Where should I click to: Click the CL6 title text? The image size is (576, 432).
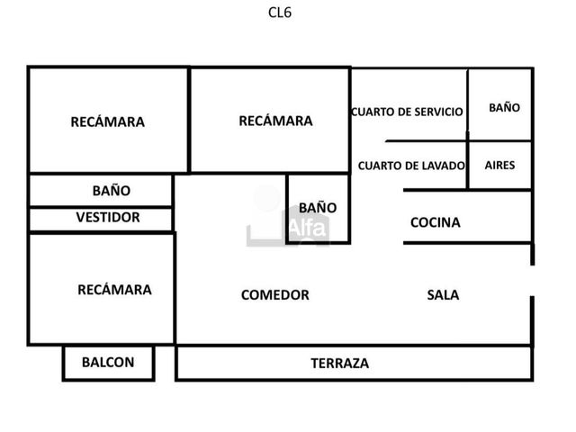(280, 13)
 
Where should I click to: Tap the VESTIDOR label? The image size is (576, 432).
(108, 217)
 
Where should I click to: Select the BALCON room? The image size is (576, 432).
(108, 363)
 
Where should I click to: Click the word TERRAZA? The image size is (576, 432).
(340, 364)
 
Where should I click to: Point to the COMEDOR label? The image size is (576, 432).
(275, 295)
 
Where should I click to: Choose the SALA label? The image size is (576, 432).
(443, 295)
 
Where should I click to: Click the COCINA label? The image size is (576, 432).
(436, 222)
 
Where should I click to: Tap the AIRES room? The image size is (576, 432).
(500, 165)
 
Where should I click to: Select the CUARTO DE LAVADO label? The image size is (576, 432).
(411, 166)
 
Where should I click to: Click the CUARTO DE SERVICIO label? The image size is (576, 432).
(407, 112)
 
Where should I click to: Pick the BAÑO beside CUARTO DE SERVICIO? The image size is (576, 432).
(504, 108)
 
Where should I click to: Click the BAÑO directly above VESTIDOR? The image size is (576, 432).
(112, 191)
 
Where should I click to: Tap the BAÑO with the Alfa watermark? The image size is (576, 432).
(318, 208)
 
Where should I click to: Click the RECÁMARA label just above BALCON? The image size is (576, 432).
(114, 290)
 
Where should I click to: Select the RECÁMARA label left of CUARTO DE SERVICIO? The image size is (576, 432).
(276, 121)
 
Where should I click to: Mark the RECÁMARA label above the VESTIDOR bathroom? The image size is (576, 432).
(108, 122)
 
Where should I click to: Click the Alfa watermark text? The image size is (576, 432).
(308, 228)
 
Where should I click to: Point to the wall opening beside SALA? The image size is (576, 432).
(532, 280)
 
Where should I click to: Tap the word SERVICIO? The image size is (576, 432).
(438, 112)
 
